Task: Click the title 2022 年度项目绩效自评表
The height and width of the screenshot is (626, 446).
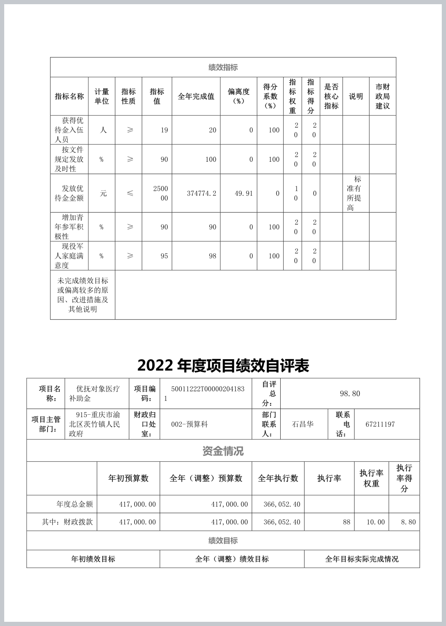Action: (x=223, y=366)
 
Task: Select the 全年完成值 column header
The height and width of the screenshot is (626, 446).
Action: (x=196, y=96)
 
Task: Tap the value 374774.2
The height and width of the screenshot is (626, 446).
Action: (x=202, y=193)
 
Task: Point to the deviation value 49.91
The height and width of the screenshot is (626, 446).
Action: (x=244, y=193)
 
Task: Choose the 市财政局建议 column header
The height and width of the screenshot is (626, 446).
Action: (x=382, y=96)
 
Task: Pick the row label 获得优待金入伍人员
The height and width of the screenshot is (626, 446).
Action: (x=69, y=130)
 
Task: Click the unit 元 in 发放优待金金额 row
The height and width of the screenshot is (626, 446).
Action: (x=103, y=193)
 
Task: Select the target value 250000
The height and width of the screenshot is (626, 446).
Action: (x=160, y=193)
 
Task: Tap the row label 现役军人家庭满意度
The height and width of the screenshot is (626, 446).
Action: (x=69, y=256)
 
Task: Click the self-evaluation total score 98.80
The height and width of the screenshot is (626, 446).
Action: (x=350, y=394)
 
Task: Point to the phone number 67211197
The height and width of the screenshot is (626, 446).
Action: (x=380, y=424)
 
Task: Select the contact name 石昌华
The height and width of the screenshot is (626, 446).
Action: (x=303, y=424)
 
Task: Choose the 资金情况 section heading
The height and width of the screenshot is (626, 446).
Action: (x=223, y=451)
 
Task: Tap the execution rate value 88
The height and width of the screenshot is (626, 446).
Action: (x=346, y=522)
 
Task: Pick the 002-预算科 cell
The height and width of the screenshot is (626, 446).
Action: (x=189, y=424)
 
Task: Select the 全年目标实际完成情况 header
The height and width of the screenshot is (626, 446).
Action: (x=362, y=559)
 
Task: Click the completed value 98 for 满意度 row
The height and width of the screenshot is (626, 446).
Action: (x=212, y=256)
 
